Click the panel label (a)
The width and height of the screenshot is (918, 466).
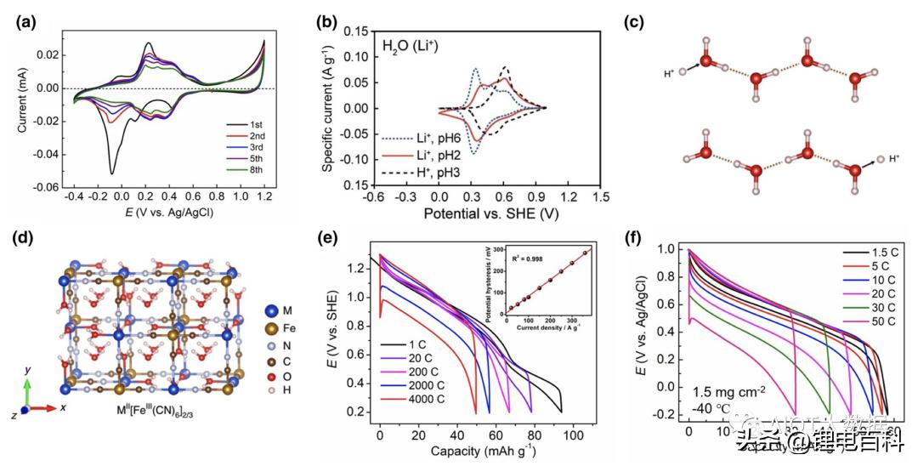(x=25, y=23)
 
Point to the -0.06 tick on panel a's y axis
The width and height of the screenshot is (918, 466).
(x=52, y=186)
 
